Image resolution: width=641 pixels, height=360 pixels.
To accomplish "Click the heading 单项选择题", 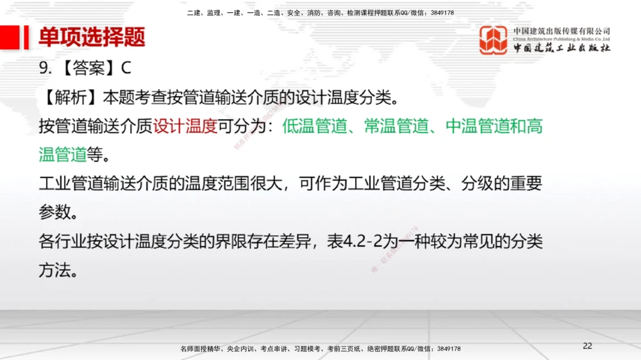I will click(x=92, y=37).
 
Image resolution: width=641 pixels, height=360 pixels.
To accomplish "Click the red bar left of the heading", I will click(x=26, y=37).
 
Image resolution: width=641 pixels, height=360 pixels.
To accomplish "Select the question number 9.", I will click(x=44, y=69).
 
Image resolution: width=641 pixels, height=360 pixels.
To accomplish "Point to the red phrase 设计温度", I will click(x=185, y=126).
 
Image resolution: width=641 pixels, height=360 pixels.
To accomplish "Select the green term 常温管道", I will click(x=396, y=126).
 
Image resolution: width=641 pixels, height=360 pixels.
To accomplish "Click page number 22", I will click(x=588, y=346).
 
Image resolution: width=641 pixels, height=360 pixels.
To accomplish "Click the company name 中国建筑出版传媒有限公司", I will click(x=562, y=31).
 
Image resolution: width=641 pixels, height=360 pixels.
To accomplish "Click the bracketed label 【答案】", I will click(x=87, y=69).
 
